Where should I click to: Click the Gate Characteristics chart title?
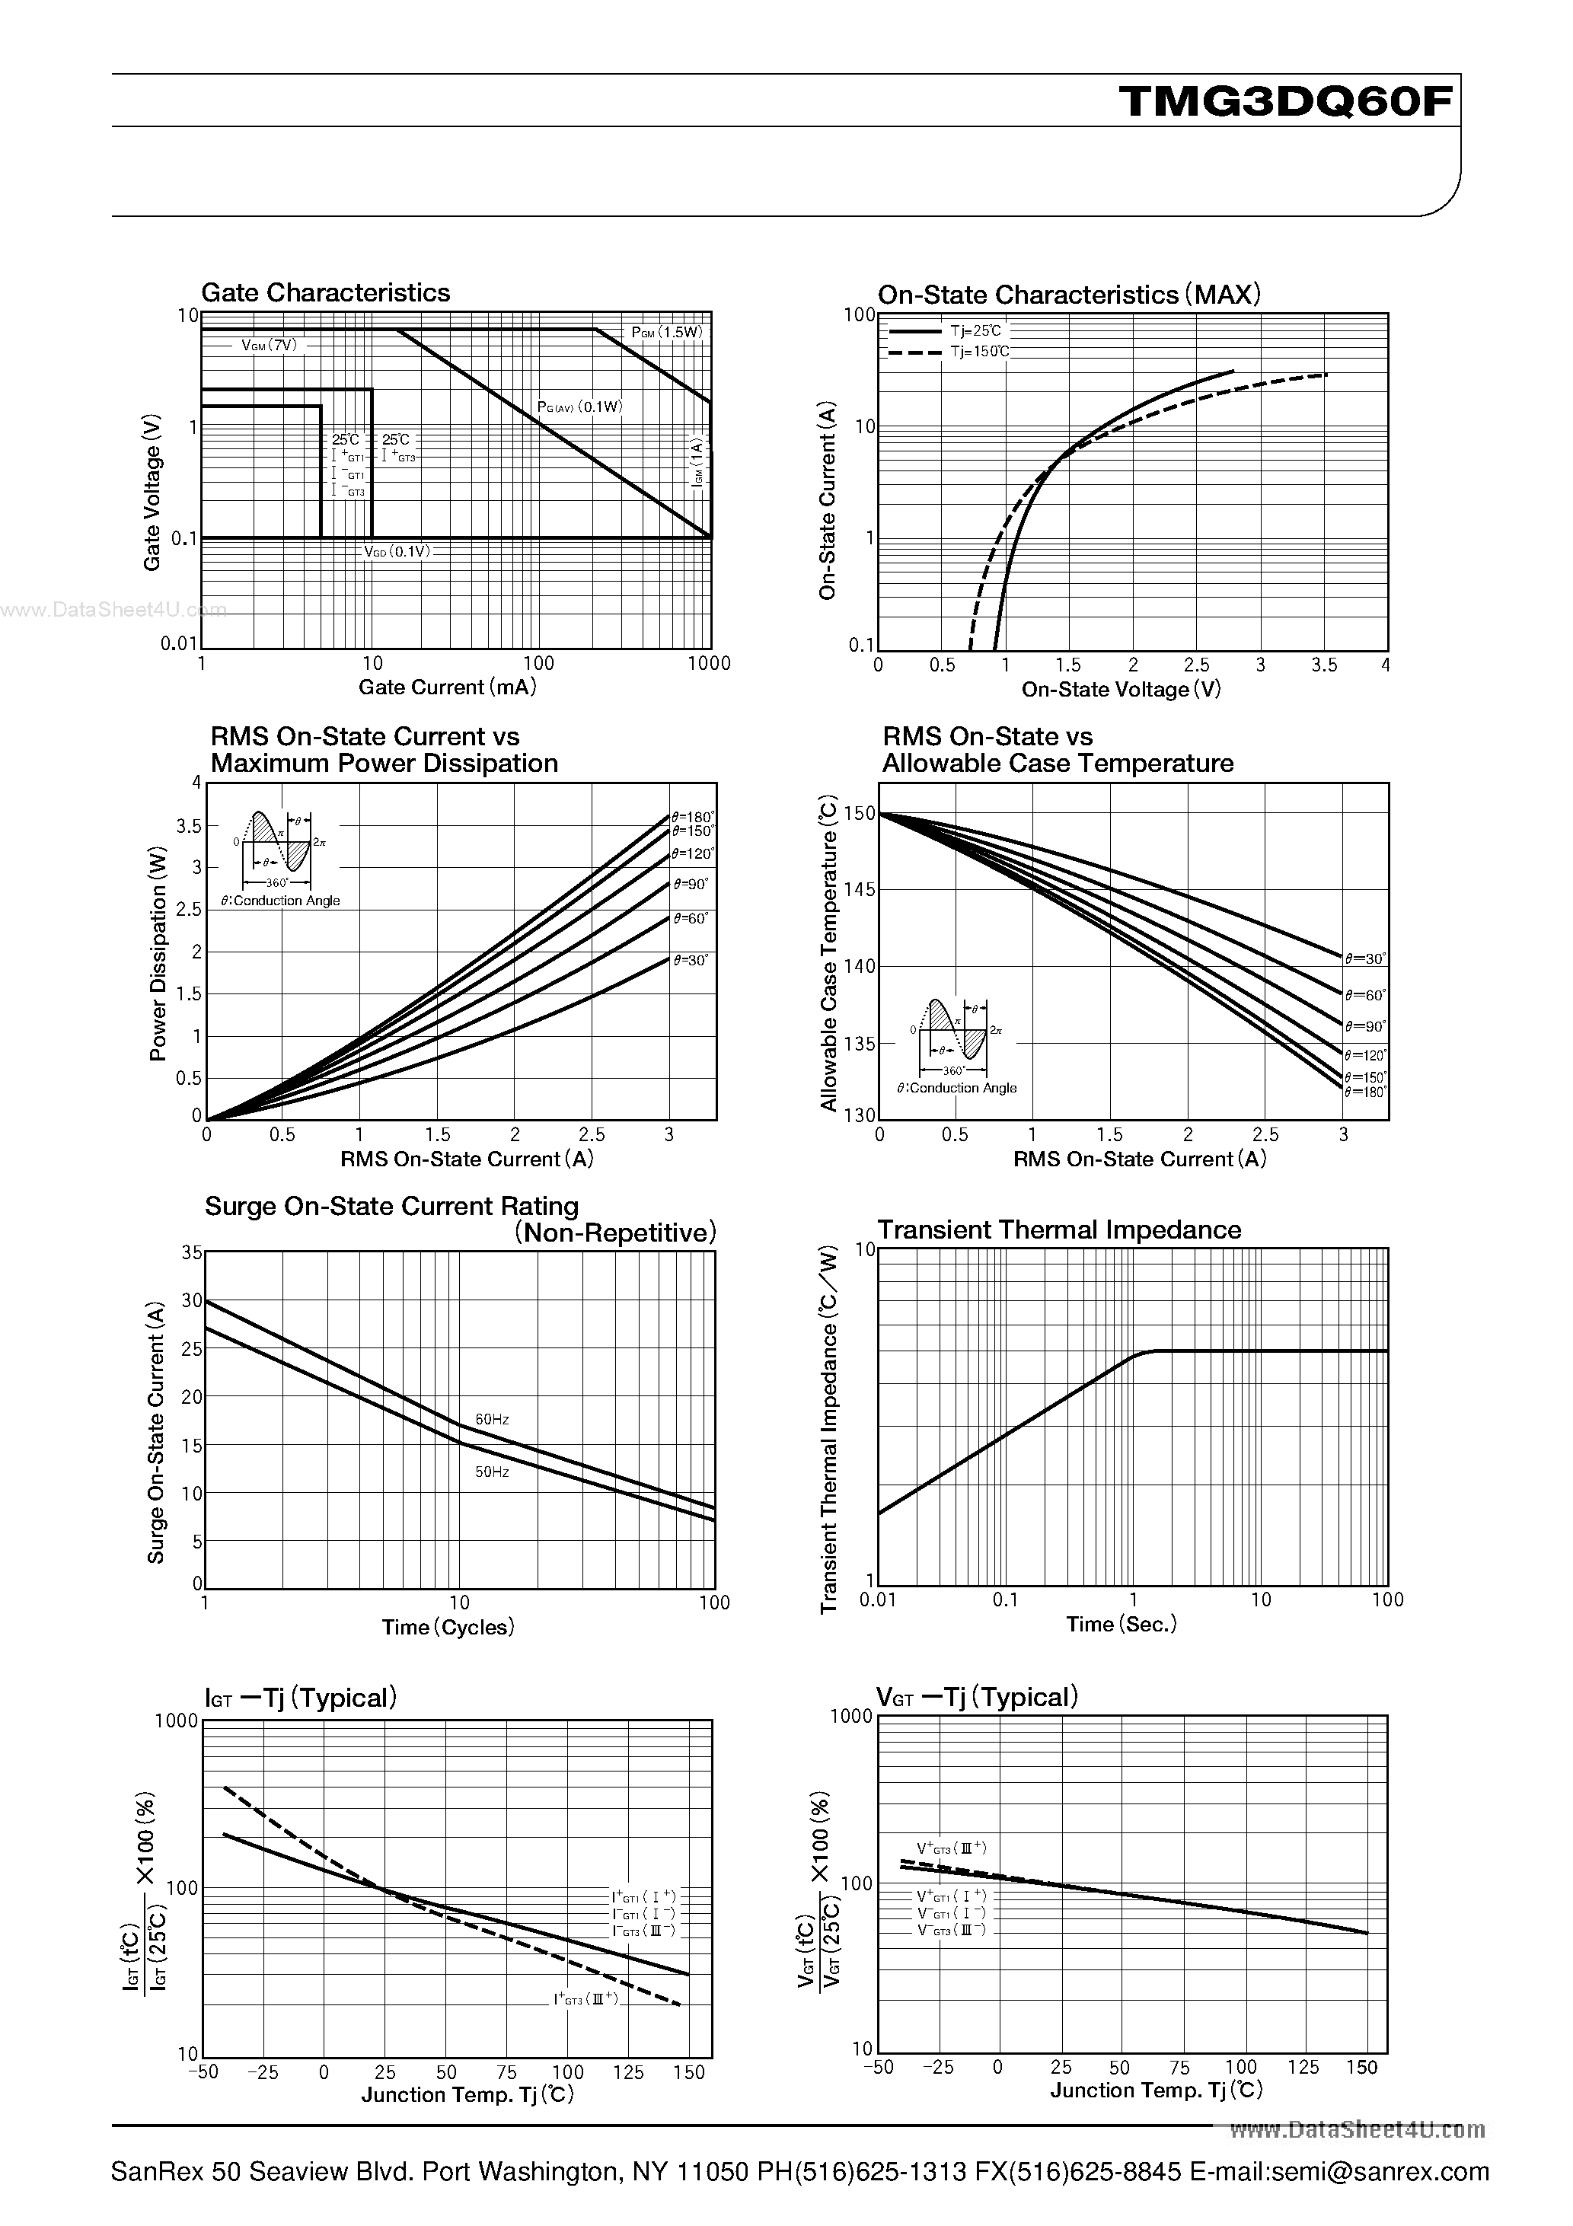tap(325, 293)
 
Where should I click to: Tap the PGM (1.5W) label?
tap(666, 333)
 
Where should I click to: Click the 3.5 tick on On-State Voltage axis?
tap(1324, 665)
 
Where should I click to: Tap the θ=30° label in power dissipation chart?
tap(691, 960)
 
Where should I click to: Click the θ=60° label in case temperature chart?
tap(1365, 995)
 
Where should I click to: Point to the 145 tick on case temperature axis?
tap(860, 890)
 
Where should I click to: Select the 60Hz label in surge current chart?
tap(492, 1419)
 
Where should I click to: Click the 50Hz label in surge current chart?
tap(492, 1472)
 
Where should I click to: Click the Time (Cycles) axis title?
tap(448, 1627)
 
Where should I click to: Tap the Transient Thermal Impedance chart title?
tap(1059, 1229)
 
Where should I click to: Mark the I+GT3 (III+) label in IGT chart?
tap(585, 1999)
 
